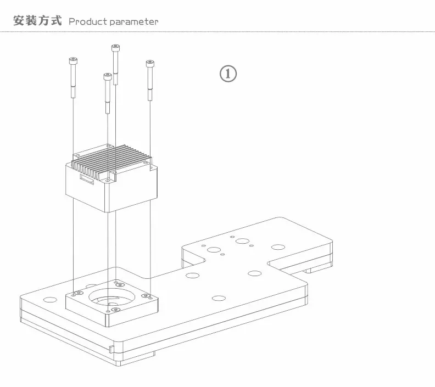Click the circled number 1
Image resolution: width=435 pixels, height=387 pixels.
pos(228,74)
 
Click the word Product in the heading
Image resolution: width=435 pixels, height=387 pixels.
pos(88,21)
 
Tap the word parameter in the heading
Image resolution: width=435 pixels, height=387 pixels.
pos(133,22)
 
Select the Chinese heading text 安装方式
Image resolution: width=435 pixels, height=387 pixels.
pos(37,20)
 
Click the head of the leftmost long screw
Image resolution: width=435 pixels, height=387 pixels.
pos(73,61)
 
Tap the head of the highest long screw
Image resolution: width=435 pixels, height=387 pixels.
pos(115,48)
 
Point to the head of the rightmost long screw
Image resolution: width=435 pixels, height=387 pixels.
pos(150,64)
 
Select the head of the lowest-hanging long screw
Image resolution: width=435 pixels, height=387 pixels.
pos(107,76)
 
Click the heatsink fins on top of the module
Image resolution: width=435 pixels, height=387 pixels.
pos(111,161)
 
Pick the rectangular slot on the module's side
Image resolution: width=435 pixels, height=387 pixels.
pos(87,179)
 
